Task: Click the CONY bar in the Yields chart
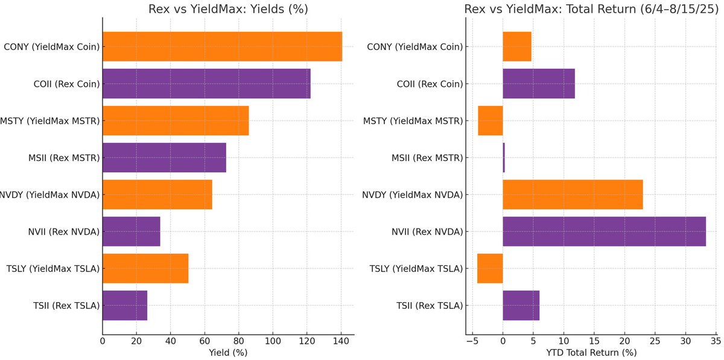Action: click(222, 46)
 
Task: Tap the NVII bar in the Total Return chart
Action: click(604, 232)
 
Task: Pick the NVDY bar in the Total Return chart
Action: click(573, 194)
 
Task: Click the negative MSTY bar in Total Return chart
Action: click(491, 121)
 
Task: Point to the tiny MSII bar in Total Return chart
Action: click(504, 157)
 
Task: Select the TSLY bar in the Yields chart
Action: click(145, 268)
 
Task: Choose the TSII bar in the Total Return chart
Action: click(521, 306)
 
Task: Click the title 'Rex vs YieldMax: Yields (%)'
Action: click(228, 9)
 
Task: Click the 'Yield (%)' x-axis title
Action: click(227, 352)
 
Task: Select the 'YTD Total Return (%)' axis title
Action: click(591, 352)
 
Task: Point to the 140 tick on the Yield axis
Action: click(341, 341)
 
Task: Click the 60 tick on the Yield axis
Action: click(205, 341)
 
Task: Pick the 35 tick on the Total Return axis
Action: click(716, 341)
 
